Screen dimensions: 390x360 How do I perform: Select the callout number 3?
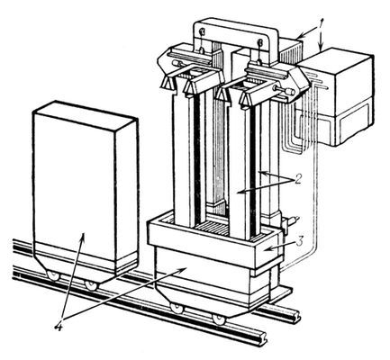point(301,242)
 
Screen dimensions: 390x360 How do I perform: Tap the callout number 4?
point(59,326)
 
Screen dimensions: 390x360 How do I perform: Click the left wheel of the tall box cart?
point(53,274)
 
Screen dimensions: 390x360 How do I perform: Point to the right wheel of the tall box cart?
point(90,284)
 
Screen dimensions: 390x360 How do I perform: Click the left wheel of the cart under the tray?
point(177,308)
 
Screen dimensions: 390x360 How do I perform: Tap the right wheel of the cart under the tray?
point(219,319)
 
